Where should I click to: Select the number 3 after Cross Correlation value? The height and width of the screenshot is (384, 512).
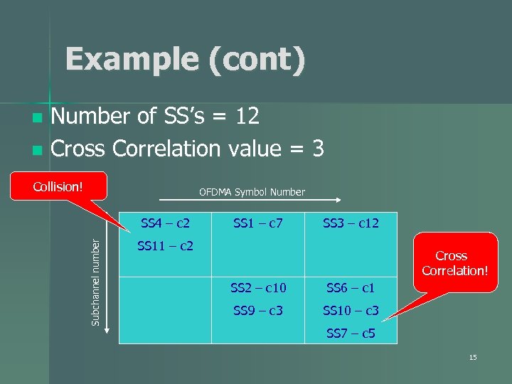pyautogui.click(x=317, y=149)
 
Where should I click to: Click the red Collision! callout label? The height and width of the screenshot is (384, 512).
pyautogui.click(x=59, y=187)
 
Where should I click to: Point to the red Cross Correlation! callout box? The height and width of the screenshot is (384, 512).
pyautogui.click(x=452, y=262)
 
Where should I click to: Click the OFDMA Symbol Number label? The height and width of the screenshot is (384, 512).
pyautogui.click(x=252, y=192)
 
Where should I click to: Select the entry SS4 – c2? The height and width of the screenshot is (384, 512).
pyautogui.click(x=165, y=223)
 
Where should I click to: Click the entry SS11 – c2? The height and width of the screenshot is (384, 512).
pyautogui.click(x=165, y=246)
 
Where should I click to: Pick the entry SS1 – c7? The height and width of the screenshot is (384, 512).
pyautogui.click(x=258, y=223)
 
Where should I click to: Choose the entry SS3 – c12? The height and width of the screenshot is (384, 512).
pyautogui.click(x=351, y=223)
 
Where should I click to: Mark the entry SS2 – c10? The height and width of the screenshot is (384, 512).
pyautogui.click(x=258, y=288)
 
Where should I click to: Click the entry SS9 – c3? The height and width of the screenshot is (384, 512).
pyautogui.click(x=258, y=311)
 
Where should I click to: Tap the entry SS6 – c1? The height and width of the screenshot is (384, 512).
pyautogui.click(x=351, y=288)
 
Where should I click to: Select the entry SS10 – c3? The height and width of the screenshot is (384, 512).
pyautogui.click(x=351, y=311)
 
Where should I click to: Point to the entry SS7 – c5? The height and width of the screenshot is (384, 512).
pyautogui.click(x=351, y=333)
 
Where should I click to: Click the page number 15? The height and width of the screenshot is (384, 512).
pyautogui.click(x=473, y=357)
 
